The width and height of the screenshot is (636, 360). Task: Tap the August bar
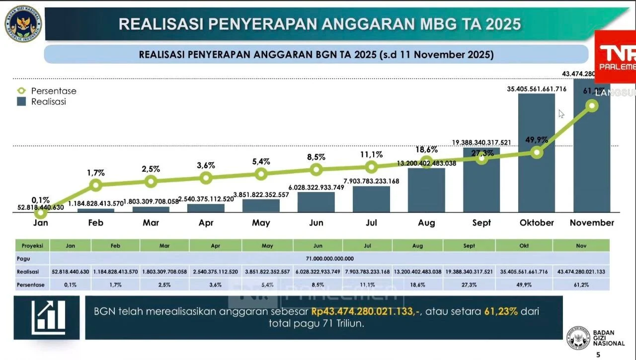coord(426,191)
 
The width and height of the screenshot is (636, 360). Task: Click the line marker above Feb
coord(96,185)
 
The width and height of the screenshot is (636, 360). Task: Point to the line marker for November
coord(592,105)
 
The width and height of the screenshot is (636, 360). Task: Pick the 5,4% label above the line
coord(261,162)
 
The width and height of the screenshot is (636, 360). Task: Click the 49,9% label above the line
coord(537,140)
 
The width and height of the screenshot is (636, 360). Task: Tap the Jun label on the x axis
coord(316,223)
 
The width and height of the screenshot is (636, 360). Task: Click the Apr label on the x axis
coord(206,223)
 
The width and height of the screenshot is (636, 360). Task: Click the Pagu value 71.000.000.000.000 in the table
coord(328,259)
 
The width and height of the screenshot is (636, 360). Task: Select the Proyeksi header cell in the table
coord(32,246)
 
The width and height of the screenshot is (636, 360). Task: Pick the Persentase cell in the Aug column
coord(417,285)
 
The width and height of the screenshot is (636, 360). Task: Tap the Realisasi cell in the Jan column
coord(70,272)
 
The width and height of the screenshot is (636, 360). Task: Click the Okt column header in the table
coord(524,246)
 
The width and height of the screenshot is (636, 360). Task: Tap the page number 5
coord(598,355)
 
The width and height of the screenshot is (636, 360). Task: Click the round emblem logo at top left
coord(23,23)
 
